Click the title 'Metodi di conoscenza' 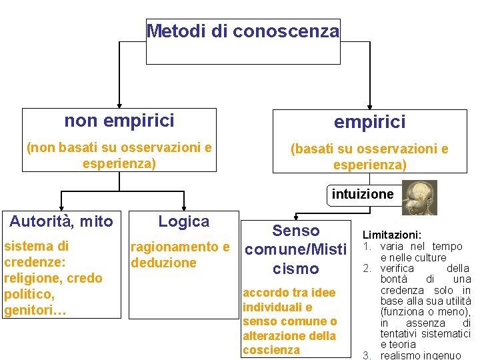coord(243,31)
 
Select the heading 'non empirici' coord(119,121)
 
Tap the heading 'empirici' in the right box coord(369,122)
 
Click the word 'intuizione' coord(363,195)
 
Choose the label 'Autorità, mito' coord(61,221)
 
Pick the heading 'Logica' coord(183,221)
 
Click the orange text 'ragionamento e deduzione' coord(179,255)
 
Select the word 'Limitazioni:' coord(391,235)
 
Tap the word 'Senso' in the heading coord(296,231)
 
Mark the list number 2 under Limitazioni coord(366,268)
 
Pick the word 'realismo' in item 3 coord(399,355)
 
